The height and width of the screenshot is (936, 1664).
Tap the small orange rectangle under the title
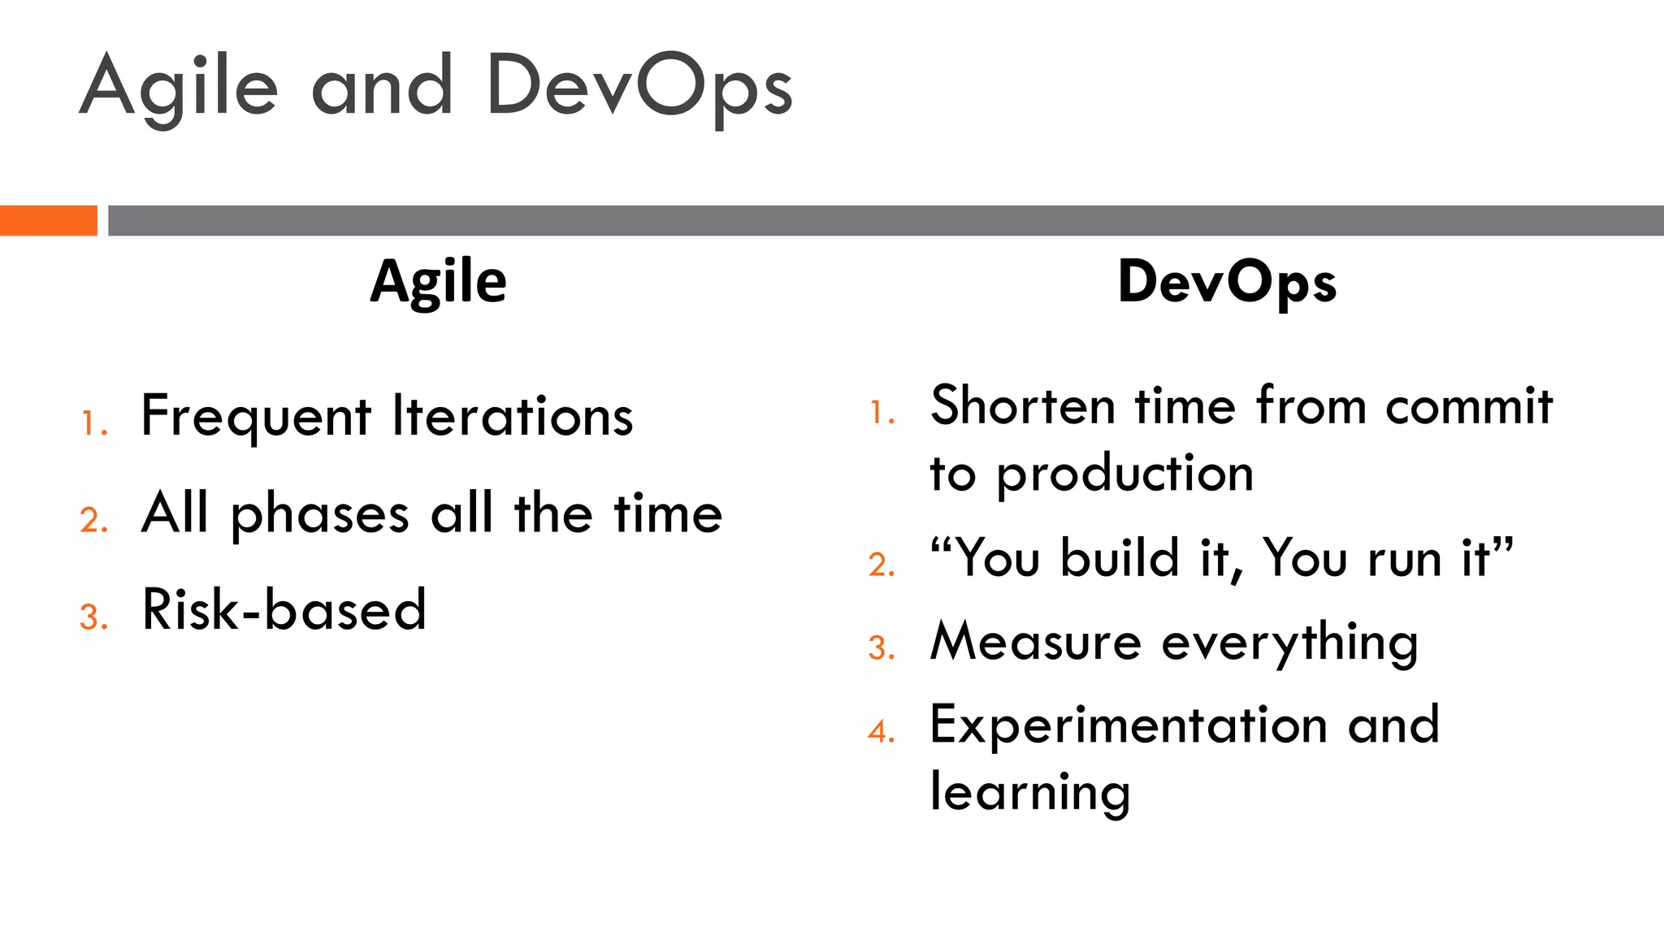tap(48, 220)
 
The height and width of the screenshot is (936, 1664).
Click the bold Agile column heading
tap(439, 282)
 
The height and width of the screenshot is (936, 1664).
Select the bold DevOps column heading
tap(1227, 282)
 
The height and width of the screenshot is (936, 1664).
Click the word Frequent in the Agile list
tap(256, 417)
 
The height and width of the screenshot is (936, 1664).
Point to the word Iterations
tap(512, 417)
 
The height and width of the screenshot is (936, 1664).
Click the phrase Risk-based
tap(284, 609)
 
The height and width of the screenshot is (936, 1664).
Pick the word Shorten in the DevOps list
tap(1022, 405)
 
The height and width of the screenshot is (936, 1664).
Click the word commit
tap(1469, 405)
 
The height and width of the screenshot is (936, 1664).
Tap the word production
tap(1125, 474)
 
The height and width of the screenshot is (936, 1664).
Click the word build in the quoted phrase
tap(1120, 558)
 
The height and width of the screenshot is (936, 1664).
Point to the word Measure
tap(1036, 642)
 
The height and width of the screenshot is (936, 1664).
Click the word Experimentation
tap(1129, 726)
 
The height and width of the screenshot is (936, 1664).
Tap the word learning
tap(1030, 793)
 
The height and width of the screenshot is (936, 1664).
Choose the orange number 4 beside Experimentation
tap(880, 731)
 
